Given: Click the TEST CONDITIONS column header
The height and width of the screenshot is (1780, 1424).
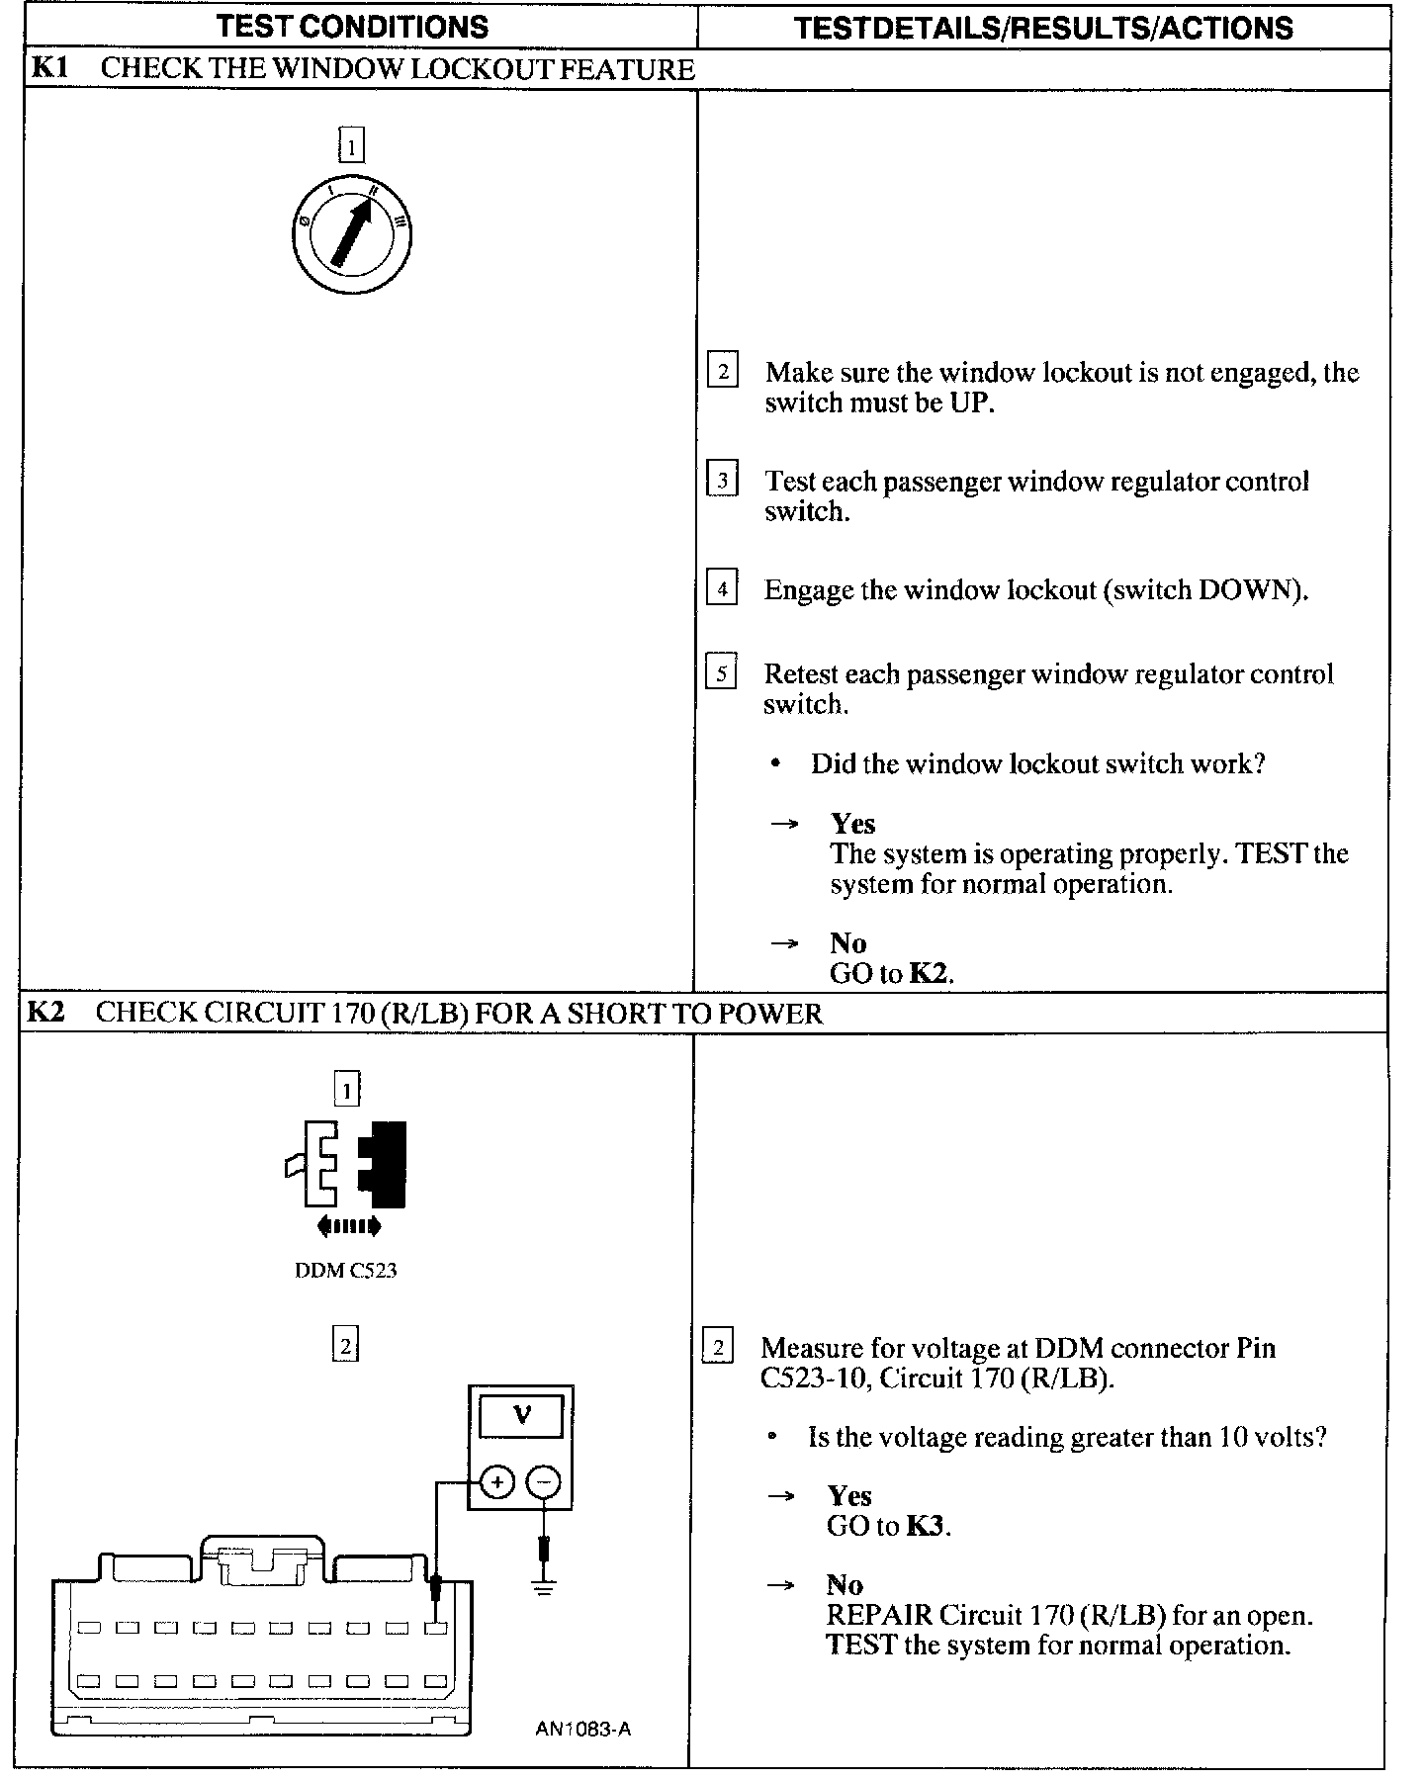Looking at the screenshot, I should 352,27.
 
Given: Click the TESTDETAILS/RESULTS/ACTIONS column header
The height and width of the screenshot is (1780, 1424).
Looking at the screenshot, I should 1043,28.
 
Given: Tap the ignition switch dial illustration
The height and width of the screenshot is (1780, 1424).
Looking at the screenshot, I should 352,234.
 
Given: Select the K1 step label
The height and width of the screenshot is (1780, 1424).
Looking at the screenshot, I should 46,69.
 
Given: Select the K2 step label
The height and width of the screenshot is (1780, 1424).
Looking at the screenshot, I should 45,1012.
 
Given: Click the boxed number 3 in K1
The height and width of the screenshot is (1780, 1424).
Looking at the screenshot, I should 723,481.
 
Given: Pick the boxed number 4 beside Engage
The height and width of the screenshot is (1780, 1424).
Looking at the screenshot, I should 723,589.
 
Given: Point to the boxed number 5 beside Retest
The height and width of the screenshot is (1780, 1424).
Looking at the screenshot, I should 722,673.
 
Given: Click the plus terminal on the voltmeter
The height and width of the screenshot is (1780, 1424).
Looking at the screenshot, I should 497,1482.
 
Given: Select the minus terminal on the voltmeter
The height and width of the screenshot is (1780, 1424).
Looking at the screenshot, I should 543,1482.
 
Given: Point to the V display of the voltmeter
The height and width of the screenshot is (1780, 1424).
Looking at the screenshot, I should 521,1416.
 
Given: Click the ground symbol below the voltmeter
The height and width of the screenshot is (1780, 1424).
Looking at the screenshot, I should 543,1588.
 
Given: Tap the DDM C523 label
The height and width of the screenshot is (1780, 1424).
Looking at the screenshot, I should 346,1271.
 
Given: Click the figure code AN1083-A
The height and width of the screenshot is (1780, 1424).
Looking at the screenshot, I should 582,1729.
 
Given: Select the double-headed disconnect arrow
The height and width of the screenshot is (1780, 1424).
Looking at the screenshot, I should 348,1227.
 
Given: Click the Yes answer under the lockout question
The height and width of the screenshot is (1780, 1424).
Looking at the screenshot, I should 852,824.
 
